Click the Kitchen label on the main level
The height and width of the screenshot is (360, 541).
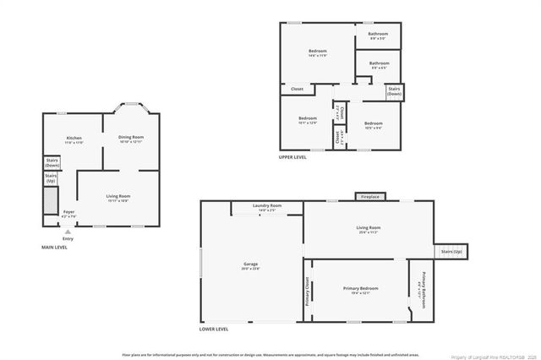[74, 139]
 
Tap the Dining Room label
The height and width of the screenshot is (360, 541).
[130, 138]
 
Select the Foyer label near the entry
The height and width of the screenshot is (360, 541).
[68, 213]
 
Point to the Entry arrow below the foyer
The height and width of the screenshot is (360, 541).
[68, 232]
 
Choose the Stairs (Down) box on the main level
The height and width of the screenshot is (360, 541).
[52, 162]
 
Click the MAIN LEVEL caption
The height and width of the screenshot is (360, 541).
[55, 247]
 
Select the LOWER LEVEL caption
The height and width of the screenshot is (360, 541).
[214, 329]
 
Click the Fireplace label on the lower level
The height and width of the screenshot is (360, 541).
[370, 197]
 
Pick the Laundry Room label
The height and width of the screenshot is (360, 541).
[267, 206]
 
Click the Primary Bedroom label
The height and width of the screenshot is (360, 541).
[360, 289]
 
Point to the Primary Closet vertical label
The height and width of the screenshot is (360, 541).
[307, 291]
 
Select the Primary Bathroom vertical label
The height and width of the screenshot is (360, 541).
[418, 290]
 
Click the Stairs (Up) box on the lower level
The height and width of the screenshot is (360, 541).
[451, 251]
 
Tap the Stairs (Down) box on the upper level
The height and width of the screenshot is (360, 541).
[394, 91]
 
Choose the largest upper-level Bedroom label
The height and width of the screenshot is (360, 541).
[317, 53]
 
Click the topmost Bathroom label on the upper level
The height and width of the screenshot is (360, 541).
[378, 35]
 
